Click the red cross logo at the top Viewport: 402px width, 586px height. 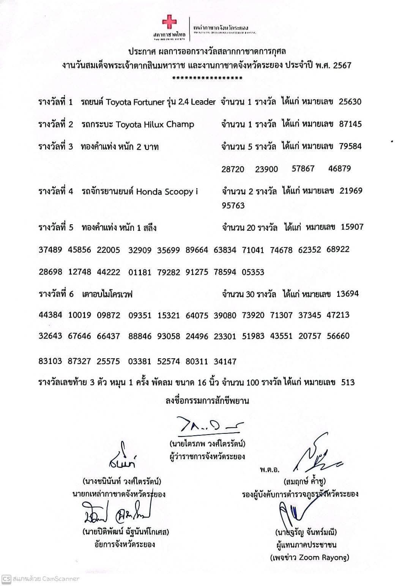click(169, 22)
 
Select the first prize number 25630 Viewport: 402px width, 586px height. click(350, 101)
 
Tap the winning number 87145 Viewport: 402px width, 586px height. click(350, 124)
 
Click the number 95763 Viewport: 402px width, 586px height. click(233, 206)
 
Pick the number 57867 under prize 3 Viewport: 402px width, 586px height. click(303, 169)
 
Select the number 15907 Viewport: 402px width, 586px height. click(352, 227)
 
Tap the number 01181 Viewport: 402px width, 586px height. click(140, 272)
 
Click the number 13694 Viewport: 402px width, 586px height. click(347, 293)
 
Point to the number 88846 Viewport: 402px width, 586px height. click(140, 336)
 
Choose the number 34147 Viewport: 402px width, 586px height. click(225, 361)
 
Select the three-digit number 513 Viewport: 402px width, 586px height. click(348, 382)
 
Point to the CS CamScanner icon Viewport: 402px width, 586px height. click(6, 579)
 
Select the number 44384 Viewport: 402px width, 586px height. click(50, 315)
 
